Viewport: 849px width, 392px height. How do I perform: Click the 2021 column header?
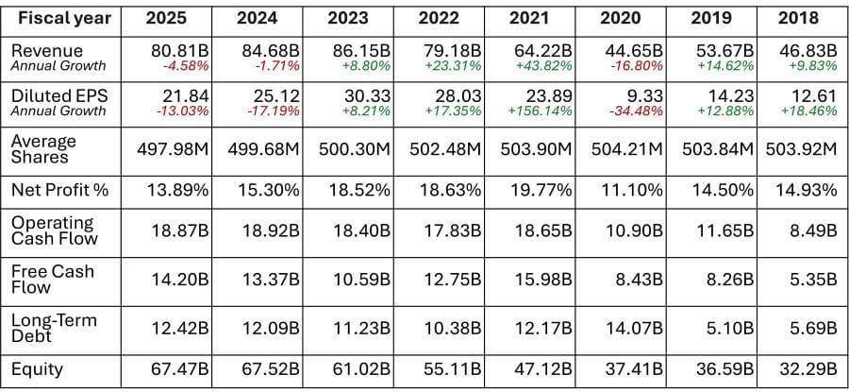point(529,18)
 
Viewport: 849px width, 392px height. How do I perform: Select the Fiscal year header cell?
point(64,18)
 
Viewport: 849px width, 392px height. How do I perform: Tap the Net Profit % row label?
point(60,190)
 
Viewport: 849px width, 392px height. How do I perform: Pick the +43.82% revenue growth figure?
point(541,67)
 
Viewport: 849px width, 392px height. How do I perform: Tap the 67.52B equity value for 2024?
point(268,368)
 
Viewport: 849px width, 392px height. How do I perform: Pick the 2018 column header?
point(799,18)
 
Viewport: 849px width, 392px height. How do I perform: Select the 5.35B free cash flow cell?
point(812,280)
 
